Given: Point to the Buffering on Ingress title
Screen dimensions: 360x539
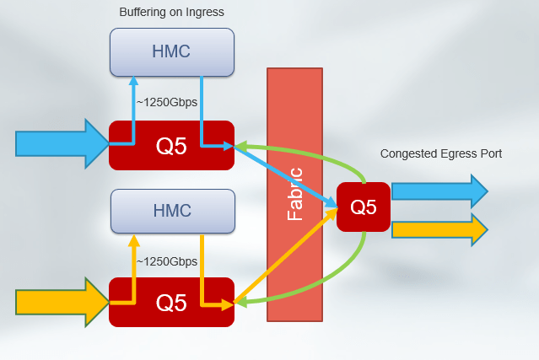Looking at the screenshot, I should click(172, 12).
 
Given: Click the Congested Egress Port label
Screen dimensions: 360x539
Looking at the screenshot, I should click(441, 153).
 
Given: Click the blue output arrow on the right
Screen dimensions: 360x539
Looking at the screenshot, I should click(439, 191).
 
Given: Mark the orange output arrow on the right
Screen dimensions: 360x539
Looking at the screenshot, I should click(439, 228).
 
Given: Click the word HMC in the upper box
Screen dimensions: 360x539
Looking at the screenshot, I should click(172, 51).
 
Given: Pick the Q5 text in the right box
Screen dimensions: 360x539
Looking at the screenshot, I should click(363, 207).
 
